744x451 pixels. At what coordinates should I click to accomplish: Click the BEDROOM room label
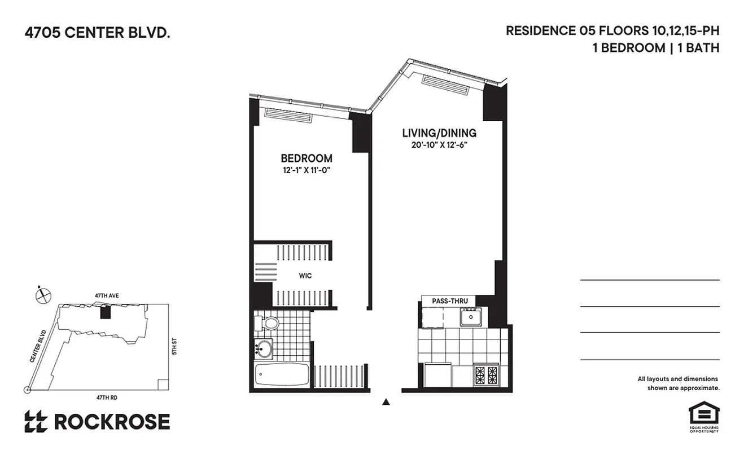(307, 158)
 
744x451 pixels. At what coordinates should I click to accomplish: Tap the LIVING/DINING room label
(439, 134)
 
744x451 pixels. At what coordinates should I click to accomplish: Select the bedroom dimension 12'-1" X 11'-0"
(307, 169)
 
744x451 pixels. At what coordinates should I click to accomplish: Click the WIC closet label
(305, 276)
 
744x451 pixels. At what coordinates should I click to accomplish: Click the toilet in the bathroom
(269, 324)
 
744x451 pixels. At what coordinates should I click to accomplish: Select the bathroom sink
(264, 349)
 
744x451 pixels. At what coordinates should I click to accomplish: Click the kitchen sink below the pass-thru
(469, 318)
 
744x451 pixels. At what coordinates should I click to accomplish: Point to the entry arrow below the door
(386, 402)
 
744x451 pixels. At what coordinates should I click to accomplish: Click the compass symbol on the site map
(43, 295)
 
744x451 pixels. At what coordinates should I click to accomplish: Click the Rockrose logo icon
(36, 421)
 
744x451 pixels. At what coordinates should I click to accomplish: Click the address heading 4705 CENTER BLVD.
(97, 33)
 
